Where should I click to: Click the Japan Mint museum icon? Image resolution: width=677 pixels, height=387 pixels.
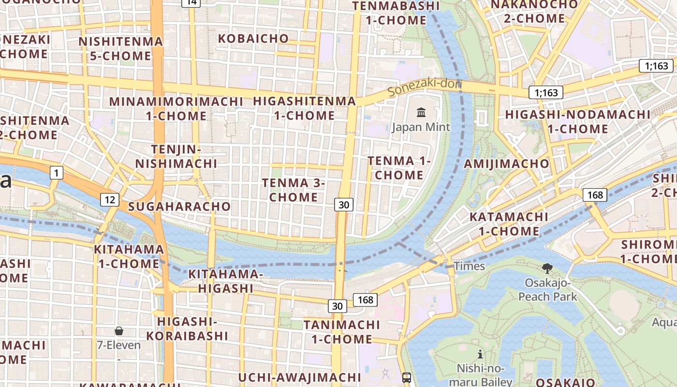click(421, 113)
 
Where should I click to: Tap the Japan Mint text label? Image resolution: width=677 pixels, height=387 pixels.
click(421, 127)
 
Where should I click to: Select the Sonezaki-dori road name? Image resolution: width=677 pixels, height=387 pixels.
click(425, 86)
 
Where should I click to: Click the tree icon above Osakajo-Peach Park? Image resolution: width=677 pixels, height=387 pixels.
click(547, 268)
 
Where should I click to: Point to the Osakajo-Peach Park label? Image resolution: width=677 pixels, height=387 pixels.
click(548, 289)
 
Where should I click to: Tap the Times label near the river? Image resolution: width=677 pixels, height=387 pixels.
click(469, 266)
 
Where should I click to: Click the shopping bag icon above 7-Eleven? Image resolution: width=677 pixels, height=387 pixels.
click(119, 331)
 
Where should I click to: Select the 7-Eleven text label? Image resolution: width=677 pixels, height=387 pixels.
click(119, 345)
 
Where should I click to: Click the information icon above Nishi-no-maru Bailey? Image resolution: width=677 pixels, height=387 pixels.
click(480, 354)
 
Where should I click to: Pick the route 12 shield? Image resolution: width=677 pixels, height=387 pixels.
click(110, 199)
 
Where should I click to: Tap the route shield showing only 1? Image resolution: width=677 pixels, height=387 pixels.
click(57, 173)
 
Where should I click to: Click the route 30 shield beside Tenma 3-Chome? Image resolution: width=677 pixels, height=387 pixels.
click(343, 205)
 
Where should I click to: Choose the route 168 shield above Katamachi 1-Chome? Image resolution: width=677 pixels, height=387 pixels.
click(595, 195)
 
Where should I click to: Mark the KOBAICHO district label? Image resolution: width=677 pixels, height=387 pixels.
click(253, 38)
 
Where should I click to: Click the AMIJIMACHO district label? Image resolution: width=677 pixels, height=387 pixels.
click(506, 164)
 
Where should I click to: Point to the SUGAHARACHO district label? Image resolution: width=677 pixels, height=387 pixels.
click(179, 207)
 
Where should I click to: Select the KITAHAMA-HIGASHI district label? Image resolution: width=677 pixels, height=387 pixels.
click(225, 281)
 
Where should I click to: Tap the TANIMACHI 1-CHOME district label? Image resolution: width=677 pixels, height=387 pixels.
click(341, 331)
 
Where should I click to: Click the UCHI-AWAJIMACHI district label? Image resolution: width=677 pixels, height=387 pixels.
click(300, 377)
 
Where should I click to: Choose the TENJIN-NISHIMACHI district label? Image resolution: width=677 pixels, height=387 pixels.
click(176, 156)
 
